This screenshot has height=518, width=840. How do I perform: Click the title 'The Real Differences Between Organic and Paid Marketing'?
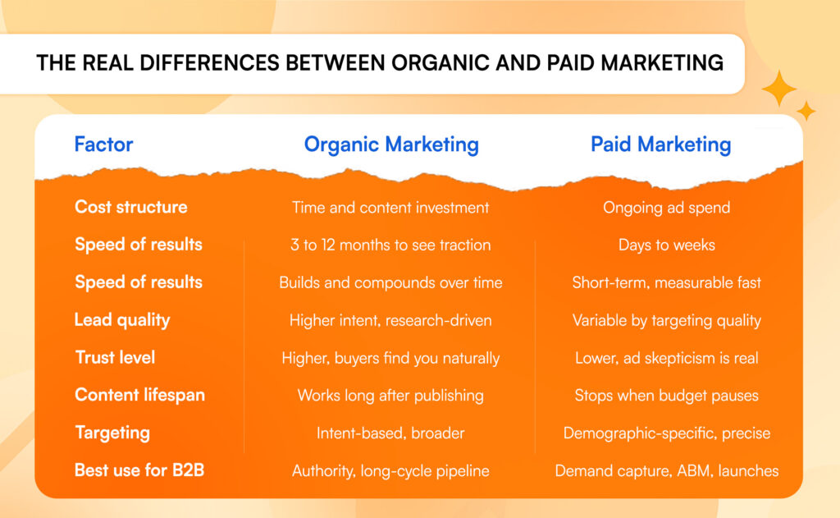coord(380,63)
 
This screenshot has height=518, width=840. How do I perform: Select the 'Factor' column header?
coord(103,144)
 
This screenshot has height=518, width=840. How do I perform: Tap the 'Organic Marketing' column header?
coord(391,144)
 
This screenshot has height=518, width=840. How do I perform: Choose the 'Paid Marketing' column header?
coord(660,144)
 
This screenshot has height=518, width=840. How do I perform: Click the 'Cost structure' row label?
coord(130,207)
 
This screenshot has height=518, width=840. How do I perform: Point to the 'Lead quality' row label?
coord(122,320)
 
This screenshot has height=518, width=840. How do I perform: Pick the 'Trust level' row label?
coord(115,358)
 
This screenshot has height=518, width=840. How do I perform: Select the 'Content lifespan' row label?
coord(139,395)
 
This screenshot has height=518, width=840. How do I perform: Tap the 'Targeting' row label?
coord(112,433)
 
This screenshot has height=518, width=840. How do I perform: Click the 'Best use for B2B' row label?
coord(138,470)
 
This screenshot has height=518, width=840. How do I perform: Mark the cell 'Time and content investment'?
coord(390,208)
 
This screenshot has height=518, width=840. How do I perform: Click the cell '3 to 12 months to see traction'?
coord(390,245)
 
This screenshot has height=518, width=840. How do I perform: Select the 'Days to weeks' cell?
coord(666,245)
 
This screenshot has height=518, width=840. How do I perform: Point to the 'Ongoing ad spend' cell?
coord(666,208)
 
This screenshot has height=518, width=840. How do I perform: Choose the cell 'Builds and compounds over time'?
coord(390,282)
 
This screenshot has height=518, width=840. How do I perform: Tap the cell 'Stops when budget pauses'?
coord(666,396)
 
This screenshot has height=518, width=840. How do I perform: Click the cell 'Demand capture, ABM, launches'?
coord(666,471)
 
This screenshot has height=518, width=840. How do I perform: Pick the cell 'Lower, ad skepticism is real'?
coord(666,358)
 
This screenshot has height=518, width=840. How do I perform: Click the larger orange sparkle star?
coord(778,89)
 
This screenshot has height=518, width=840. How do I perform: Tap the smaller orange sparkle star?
coord(806,111)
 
